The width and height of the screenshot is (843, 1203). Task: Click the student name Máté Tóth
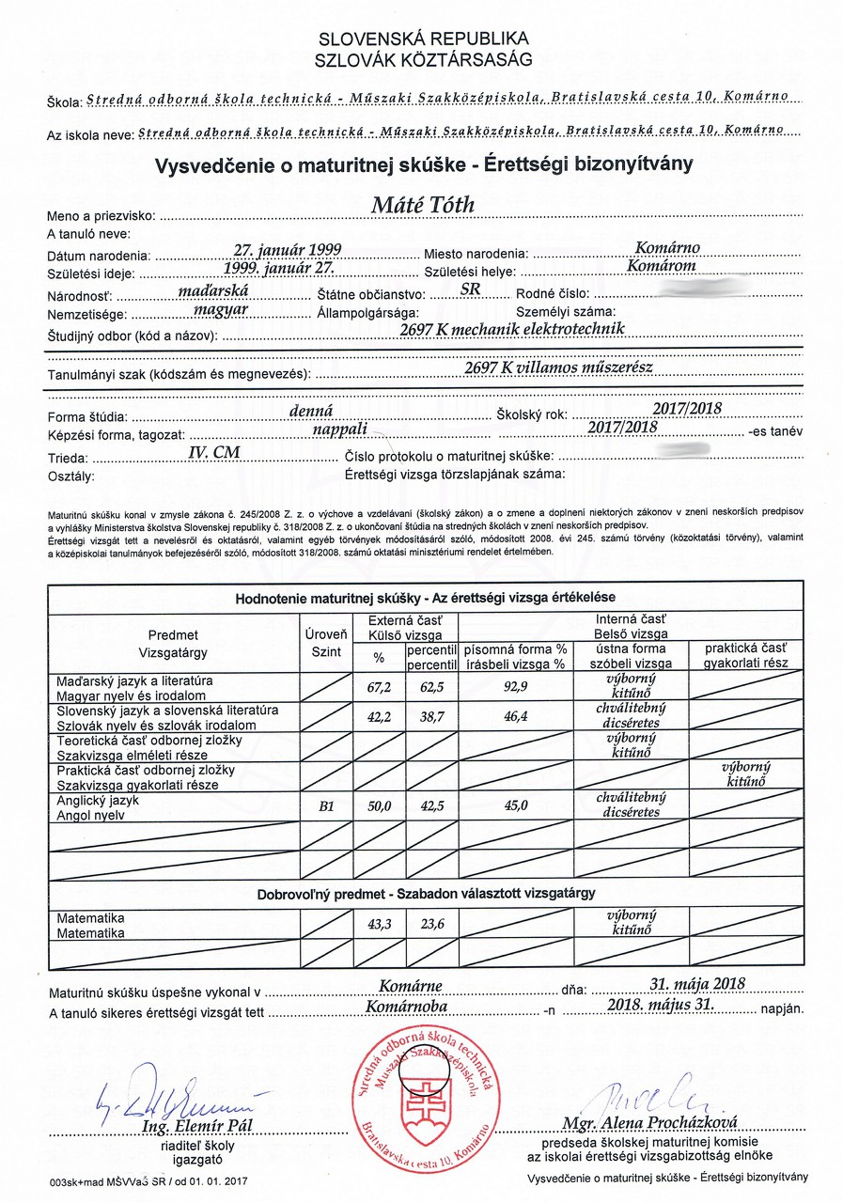(423, 206)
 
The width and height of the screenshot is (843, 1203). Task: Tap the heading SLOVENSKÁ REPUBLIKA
(424, 39)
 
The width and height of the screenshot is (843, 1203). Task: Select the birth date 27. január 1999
(288, 250)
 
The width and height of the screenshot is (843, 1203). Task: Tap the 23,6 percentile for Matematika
(431, 924)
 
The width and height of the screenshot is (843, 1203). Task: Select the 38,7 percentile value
(431, 717)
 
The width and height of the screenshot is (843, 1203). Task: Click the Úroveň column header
(326, 634)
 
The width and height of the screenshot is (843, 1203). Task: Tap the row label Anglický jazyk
(98, 800)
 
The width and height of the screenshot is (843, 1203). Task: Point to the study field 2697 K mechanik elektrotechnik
(512, 330)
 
